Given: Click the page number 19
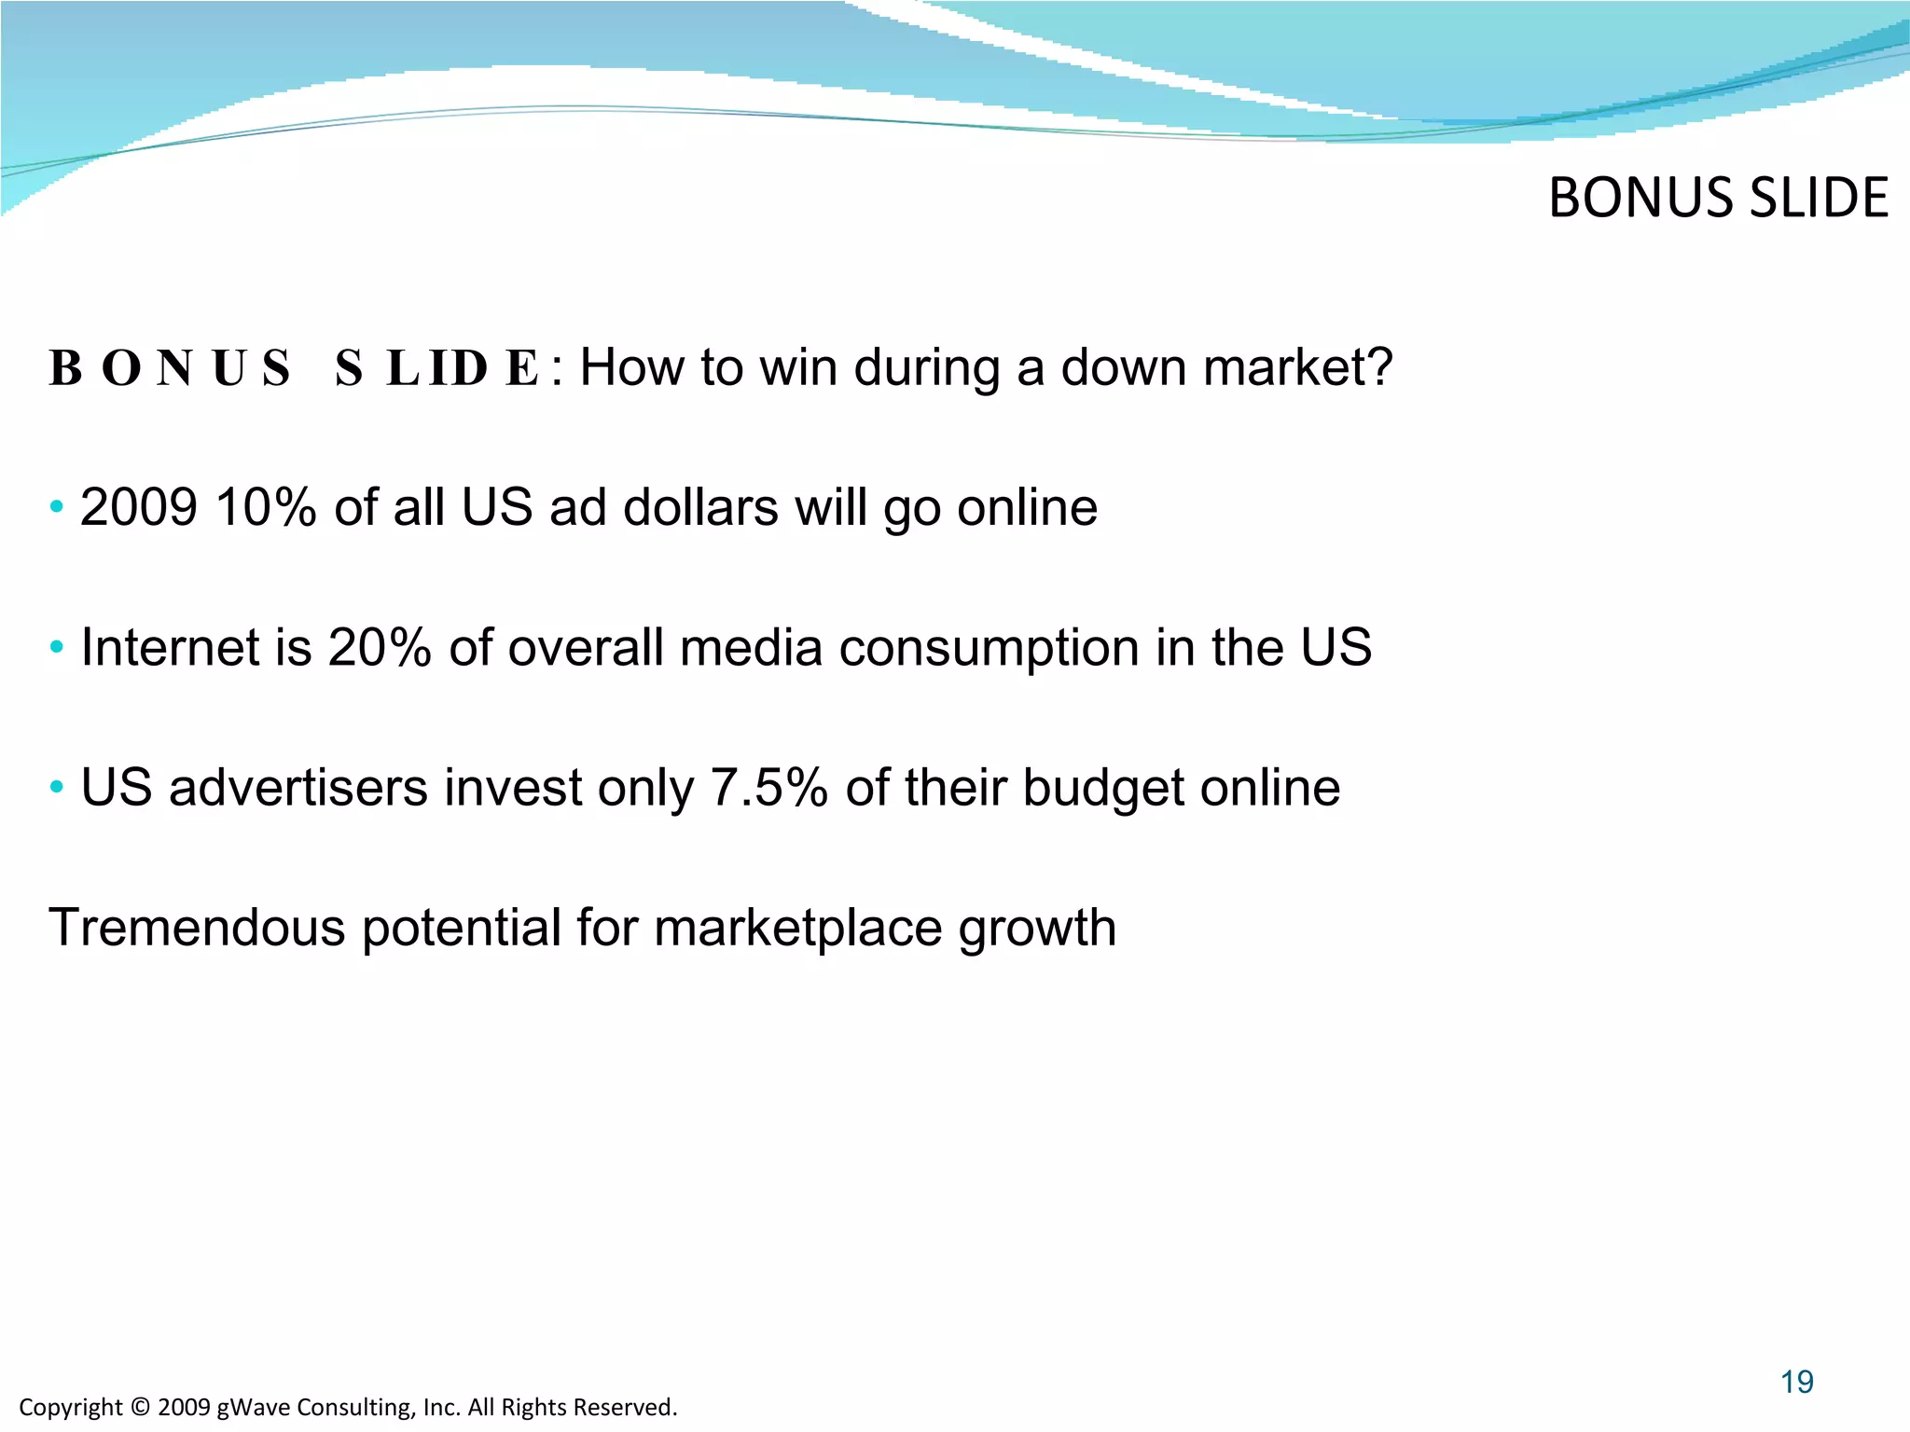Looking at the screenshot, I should (1796, 1382).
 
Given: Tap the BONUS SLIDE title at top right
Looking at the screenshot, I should (1718, 199).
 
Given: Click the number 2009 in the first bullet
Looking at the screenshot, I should (139, 508).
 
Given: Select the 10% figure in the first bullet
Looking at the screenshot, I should (266, 508).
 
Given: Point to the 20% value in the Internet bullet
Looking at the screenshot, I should (379, 648).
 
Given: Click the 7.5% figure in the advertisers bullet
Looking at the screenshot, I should (768, 788).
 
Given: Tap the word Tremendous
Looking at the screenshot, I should (196, 928).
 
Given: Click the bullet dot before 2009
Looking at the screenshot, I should (58, 508).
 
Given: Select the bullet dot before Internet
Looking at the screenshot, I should (58, 647).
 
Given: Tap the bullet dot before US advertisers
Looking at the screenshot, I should (58, 788).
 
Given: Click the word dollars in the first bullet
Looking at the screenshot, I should (700, 508).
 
